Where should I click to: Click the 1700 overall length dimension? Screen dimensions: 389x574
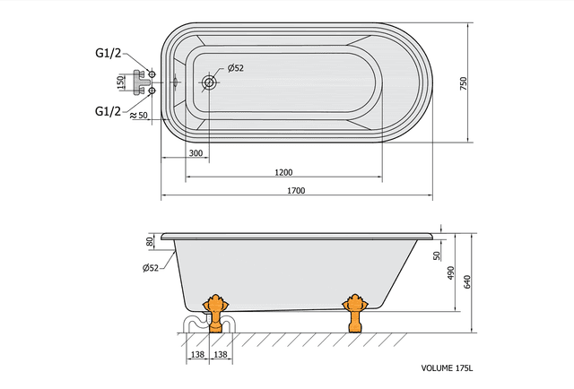click(296, 191)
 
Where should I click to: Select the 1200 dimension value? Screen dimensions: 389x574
click(283, 172)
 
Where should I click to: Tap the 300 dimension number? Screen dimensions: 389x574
click(196, 154)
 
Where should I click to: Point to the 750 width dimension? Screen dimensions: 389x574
click(464, 82)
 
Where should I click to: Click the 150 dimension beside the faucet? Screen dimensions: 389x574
click(122, 82)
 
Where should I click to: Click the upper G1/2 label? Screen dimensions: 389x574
click(109, 53)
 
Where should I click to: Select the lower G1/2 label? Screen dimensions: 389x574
click(109, 110)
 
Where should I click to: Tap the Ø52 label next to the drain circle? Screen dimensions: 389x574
click(236, 68)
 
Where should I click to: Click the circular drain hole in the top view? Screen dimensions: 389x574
click(209, 82)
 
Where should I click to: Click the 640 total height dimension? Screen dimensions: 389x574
click(467, 282)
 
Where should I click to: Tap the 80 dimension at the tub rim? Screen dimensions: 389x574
click(149, 242)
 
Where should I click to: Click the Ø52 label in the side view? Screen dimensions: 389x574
click(151, 268)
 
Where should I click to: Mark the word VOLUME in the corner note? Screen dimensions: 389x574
click(438, 367)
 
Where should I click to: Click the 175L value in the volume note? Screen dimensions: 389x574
click(464, 367)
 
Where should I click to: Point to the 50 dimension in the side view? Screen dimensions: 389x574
click(437, 255)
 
